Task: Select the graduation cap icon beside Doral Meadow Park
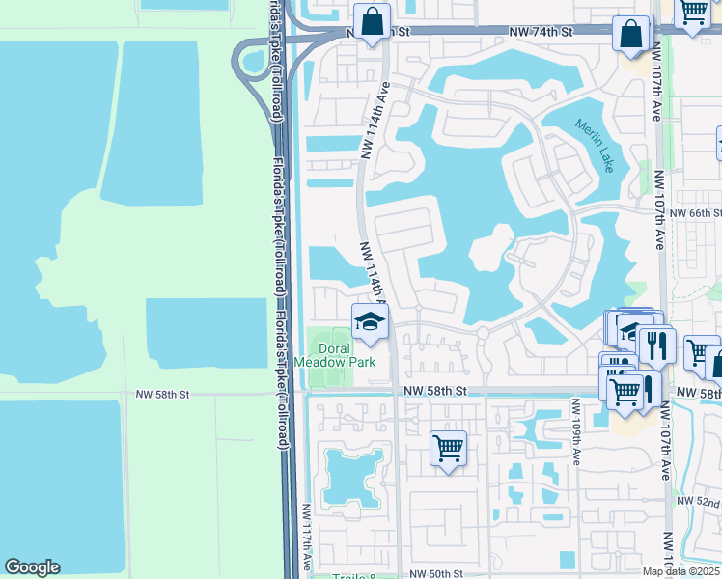(x=369, y=322)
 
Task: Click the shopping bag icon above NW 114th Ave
(x=371, y=22)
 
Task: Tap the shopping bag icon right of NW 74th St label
(x=630, y=34)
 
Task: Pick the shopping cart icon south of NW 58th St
(x=448, y=449)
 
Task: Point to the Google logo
(x=32, y=567)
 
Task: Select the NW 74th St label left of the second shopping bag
(x=541, y=32)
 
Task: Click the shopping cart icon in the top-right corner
(x=692, y=14)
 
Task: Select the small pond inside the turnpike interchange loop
(x=255, y=63)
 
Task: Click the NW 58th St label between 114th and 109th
(x=434, y=391)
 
